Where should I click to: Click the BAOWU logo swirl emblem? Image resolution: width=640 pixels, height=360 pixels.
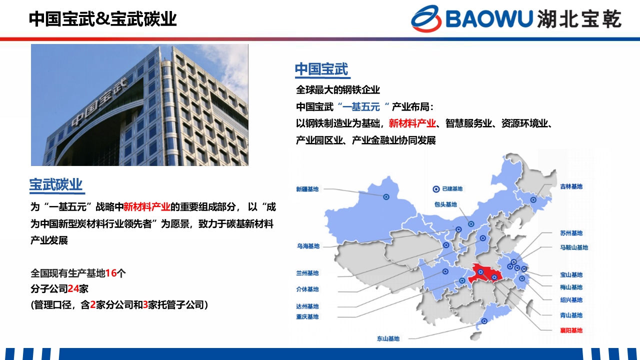[426, 18]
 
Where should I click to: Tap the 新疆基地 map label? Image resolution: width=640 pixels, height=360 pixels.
[307, 189]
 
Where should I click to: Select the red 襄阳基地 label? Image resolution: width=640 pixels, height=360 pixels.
[571, 330]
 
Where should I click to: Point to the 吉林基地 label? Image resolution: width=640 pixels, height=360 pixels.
[571, 186]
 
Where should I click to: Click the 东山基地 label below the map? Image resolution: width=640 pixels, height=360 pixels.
[388, 338]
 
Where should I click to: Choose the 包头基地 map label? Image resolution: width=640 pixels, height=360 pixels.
[445, 204]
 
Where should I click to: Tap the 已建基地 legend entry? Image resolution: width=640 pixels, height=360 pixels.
[447, 189]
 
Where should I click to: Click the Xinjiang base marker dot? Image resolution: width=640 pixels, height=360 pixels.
[386, 197]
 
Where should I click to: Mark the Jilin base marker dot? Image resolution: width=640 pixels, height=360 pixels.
[533, 200]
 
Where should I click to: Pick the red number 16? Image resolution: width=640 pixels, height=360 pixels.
[111, 273]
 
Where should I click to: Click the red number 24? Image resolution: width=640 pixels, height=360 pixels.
[73, 289]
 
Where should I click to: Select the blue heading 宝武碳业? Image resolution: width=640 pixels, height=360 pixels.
[56, 184]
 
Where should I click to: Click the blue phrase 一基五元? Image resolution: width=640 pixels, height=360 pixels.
[361, 107]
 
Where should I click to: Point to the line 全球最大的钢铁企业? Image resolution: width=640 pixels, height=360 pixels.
[338, 90]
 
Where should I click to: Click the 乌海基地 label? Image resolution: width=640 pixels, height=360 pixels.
[308, 246]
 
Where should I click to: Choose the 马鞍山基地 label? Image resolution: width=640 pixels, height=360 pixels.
[574, 247]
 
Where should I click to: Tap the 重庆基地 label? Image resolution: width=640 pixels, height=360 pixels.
[307, 316]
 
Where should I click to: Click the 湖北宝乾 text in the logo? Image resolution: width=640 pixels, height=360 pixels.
[579, 19]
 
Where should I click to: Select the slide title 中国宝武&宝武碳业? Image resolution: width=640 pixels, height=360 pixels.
[103, 19]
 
